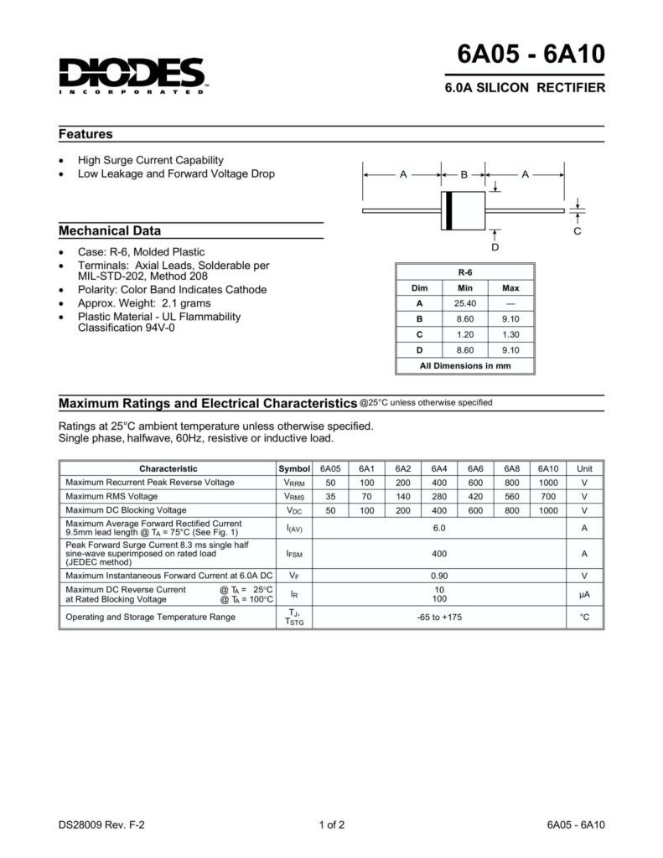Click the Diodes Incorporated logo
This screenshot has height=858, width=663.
[132, 75]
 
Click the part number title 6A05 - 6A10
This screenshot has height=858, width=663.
[531, 54]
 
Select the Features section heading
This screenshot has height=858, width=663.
[85, 134]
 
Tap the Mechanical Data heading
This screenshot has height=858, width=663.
[110, 230]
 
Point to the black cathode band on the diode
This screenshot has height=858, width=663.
[448, 209]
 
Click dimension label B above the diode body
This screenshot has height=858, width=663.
[464, 174]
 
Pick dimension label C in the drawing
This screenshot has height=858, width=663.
[577, 230]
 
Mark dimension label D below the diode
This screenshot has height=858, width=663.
[495, 248]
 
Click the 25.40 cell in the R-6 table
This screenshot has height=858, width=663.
[465, 303]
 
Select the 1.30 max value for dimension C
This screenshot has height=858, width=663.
[510, 334]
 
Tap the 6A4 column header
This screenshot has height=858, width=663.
[439, 469]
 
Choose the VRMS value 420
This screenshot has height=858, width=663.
[476, 496]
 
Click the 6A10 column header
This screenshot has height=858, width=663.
[548, 469]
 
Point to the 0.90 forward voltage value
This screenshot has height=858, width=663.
[439, 576]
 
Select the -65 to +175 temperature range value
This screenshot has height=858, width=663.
[439, 618]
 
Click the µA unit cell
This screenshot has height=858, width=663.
[585, 594]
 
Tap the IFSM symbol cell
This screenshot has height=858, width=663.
[294, 554]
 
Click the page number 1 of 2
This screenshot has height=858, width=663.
[332, 825]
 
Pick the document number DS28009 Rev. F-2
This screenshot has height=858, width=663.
[101, 825]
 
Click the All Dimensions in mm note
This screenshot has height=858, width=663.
[465, 365]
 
